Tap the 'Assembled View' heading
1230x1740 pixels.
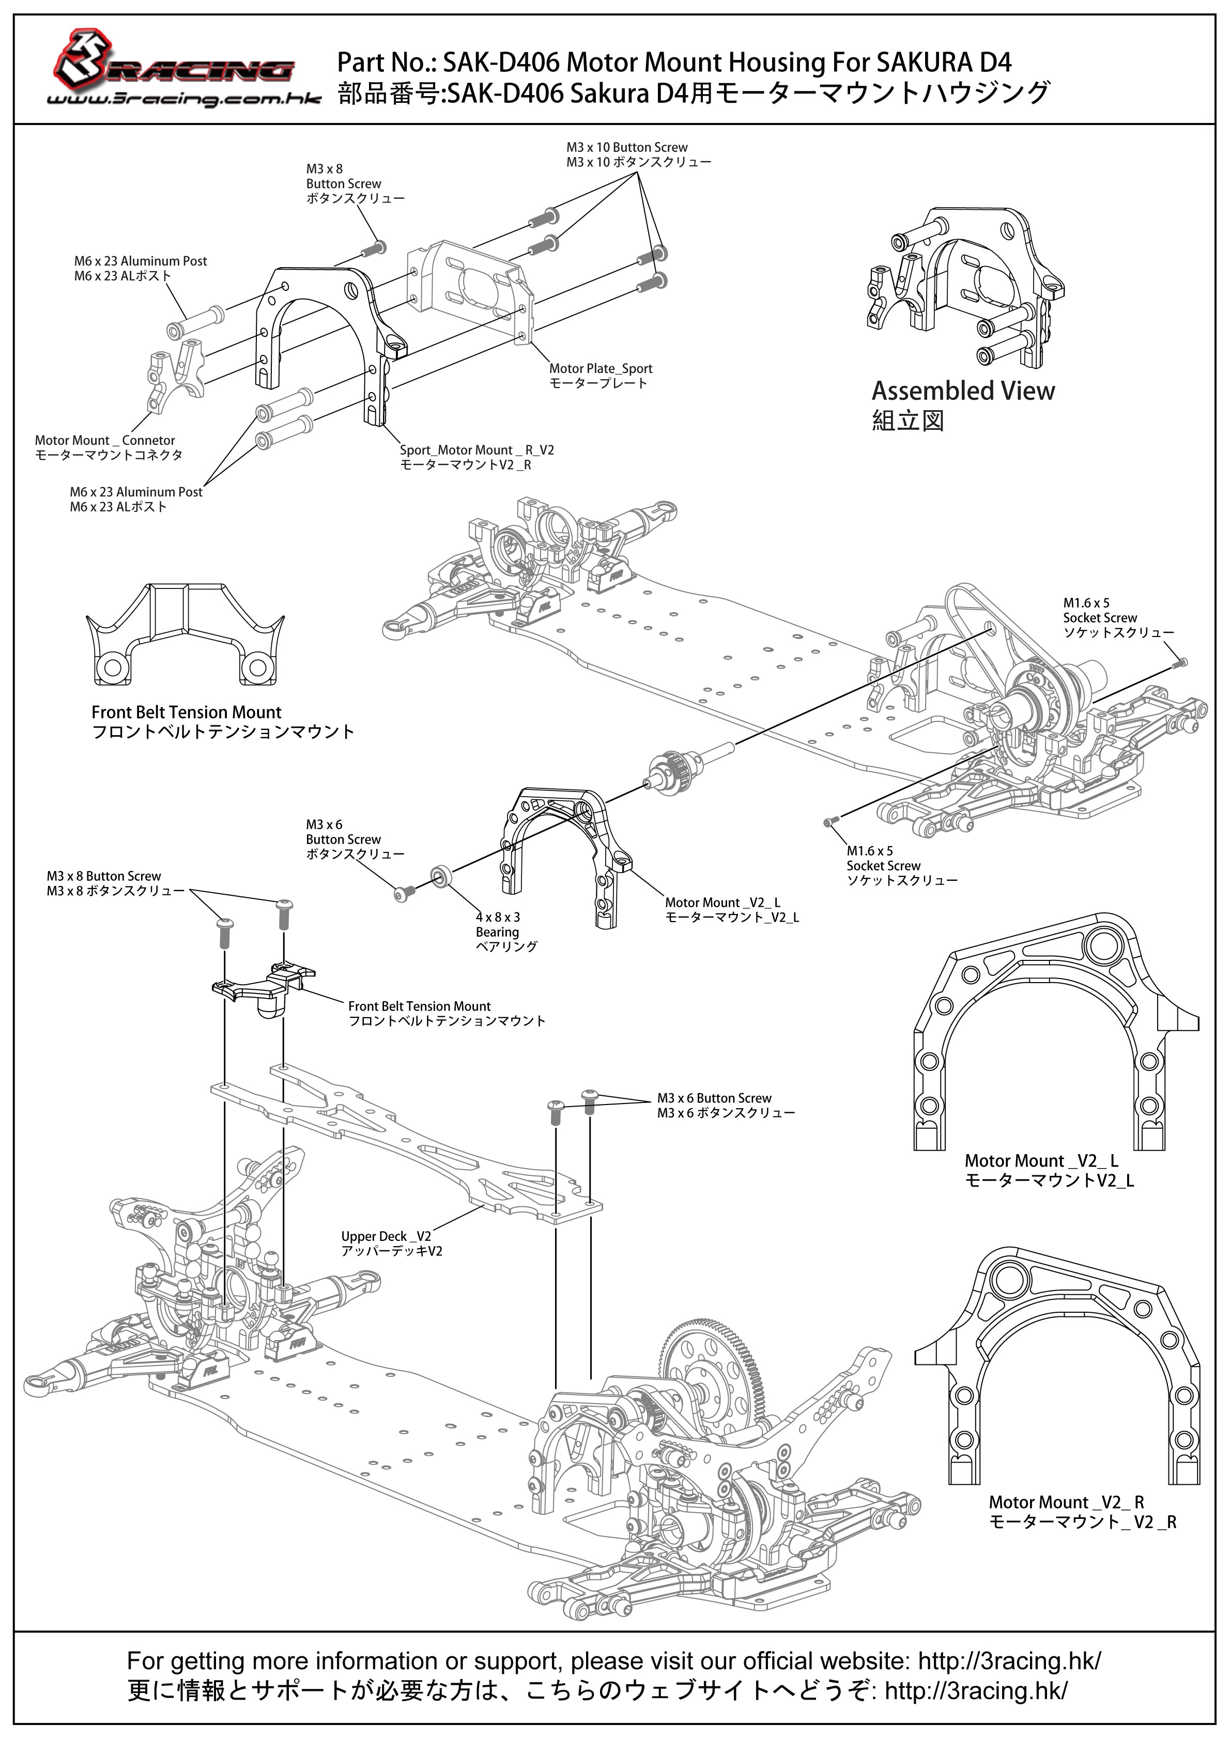[x=963, y=391]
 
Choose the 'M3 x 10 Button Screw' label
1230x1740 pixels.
[x=627, y=147]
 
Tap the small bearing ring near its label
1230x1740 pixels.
[x=440, y=878]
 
